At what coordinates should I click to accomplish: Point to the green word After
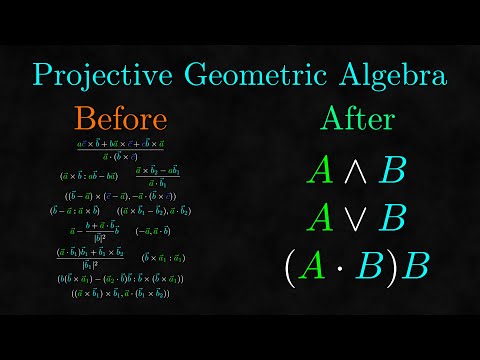pos(357,119)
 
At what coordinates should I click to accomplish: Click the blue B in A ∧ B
pos(393,172)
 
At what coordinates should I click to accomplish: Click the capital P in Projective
pos(41,74)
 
